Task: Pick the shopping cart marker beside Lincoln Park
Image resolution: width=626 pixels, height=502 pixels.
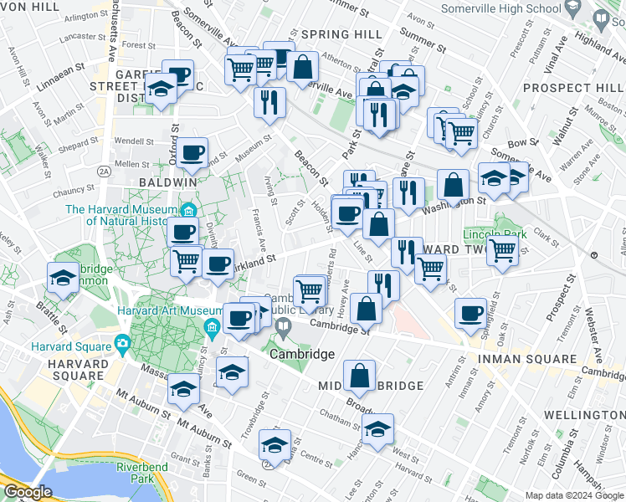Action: [502, 248]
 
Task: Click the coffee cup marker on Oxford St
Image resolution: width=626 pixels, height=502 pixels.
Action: [192, 152]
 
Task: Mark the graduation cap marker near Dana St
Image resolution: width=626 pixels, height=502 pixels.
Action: [274, 444]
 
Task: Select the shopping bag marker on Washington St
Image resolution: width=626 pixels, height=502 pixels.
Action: [453, 186]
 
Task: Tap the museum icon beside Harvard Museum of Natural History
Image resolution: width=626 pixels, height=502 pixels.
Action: [189, 209]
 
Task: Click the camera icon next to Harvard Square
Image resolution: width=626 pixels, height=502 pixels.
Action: [123, 342]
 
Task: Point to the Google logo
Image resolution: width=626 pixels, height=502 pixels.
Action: [28, 492]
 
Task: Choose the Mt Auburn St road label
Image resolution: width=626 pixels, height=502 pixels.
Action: [210, 439]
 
